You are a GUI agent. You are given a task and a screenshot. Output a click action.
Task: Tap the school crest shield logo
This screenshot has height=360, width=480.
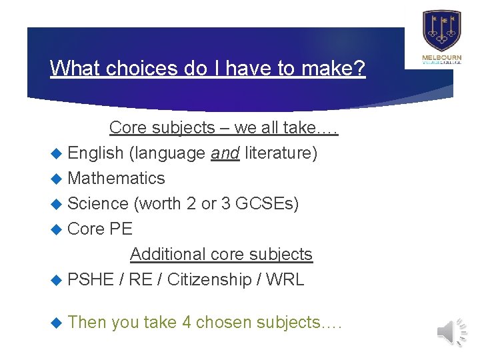point(441,30)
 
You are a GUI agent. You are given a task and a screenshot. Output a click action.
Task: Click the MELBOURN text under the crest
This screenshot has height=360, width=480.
point(441,58)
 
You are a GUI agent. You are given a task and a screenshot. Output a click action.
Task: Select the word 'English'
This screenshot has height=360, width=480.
point(95,153)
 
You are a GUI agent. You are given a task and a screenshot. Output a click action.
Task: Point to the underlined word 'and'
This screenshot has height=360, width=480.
point(225,153)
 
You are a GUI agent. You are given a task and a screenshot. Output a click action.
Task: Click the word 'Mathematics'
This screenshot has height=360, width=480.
point(116,178)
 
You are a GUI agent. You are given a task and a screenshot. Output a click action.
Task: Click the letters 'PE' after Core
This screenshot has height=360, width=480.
point(121,229)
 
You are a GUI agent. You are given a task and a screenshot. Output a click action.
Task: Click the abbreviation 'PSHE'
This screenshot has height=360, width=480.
point(91,279)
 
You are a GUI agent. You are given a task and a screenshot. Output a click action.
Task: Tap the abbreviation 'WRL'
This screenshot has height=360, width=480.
point(285,279)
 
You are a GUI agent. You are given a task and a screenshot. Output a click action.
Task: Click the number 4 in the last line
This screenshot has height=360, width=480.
point(187,322)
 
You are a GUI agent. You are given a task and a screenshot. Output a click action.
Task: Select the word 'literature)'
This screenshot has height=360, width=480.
point(281,153)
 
